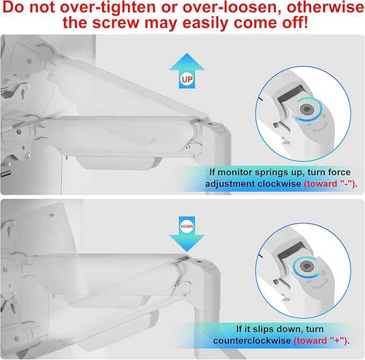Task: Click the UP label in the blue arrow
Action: pyautogui.click(x=187, y=80)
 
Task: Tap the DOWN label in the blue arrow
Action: pyautogui.click(x=187, y=226)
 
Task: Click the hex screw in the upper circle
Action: pyautogui.click(x=305, y=109)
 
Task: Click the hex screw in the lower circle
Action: pyautogui.click(x=305, y=265)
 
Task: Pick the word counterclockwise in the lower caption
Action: pyautogui.click(x=252, y=341)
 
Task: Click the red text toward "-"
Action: pyautogui.click(x=330, y=184)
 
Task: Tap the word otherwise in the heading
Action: pyautogui.click(x=326, y=7)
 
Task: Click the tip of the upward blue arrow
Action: pyautogui.click(x=187, y=54)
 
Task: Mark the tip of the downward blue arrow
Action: pyautogui.click(x=187, y=251)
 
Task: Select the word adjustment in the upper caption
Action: pyautogui.click(x=230, y=184)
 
